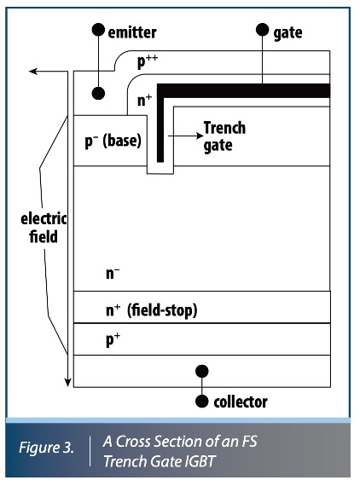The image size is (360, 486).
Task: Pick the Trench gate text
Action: (x=224, y=136)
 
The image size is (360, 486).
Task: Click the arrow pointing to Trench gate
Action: (x=181, y=135)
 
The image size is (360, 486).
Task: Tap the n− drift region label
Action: (x=113, y=275)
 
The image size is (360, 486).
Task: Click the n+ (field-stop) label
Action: (x=150, y=311)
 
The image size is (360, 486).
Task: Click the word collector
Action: (x=241, y=401)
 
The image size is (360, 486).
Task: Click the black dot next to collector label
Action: (x=202, y=401)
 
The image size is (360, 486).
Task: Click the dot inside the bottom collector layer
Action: (x=202, y=371)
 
